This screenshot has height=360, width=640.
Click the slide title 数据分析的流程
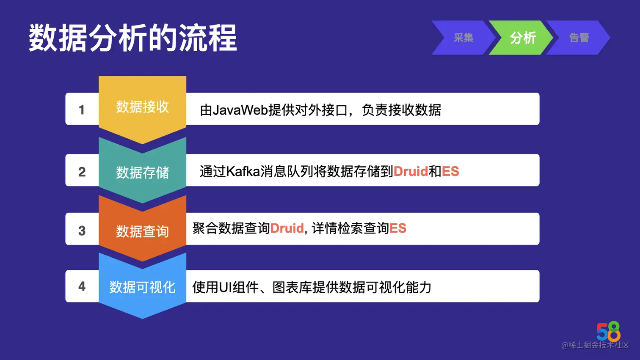[x=132, y=38]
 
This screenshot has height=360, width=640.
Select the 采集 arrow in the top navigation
[x=463, y=38]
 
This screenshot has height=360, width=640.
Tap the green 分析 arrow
[x=523, y=38]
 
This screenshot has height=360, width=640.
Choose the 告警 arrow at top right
[x=579, y=38]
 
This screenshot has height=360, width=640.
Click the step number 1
[x=82, y=110]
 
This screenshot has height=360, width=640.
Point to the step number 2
[x=82, y=172]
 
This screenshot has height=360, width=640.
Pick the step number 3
[x=82, y=231]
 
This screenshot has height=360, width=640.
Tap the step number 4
[x=82, y=287]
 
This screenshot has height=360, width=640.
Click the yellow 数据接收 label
[x=142, y=107]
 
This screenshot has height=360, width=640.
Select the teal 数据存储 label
[x=142, y=172]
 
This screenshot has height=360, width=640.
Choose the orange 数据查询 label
[x=142, y=231]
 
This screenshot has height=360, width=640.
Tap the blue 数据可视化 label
[x=142, y=287]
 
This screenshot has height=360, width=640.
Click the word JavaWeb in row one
[x=240, y=110]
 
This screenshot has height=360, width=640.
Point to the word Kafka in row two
[x=243, y=171]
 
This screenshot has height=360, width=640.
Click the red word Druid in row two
[x=411, y=171]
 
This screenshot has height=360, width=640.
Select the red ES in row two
[x=450, y=171]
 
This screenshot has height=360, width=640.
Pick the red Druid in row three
[x=287, y=228]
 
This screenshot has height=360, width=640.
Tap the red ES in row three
[x=398, y=228]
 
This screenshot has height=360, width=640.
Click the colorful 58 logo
[x=608, y=331]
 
